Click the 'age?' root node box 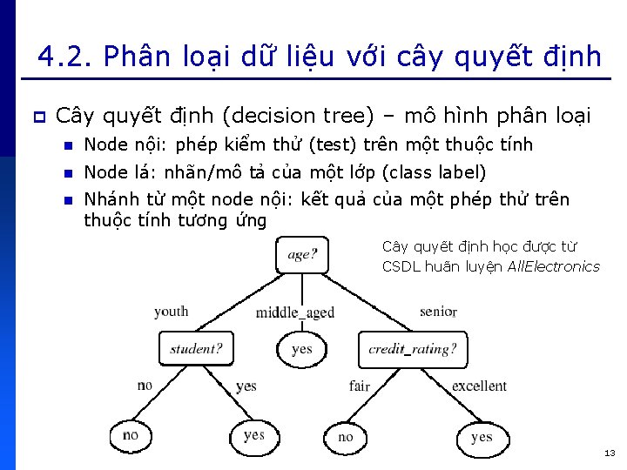[x=302, y=255]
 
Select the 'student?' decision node [x=197, y=349]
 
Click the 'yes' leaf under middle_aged [x=301, y=349]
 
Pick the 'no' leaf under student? [x=131, y=435]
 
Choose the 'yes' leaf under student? [x=254, y=435]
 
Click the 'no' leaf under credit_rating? [x=346, y=437]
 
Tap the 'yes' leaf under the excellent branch [x=482, y=437]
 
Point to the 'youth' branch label [x=171, y=312]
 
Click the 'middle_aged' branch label [x=295, y=312]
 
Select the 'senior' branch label [x=437, y=312]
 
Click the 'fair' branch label [x=360, y=386]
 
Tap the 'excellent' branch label [x=479, y=386]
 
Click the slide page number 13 [x=609, y=453]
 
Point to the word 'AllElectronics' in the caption [x=554, y=266]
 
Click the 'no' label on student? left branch [x=145, y=386]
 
